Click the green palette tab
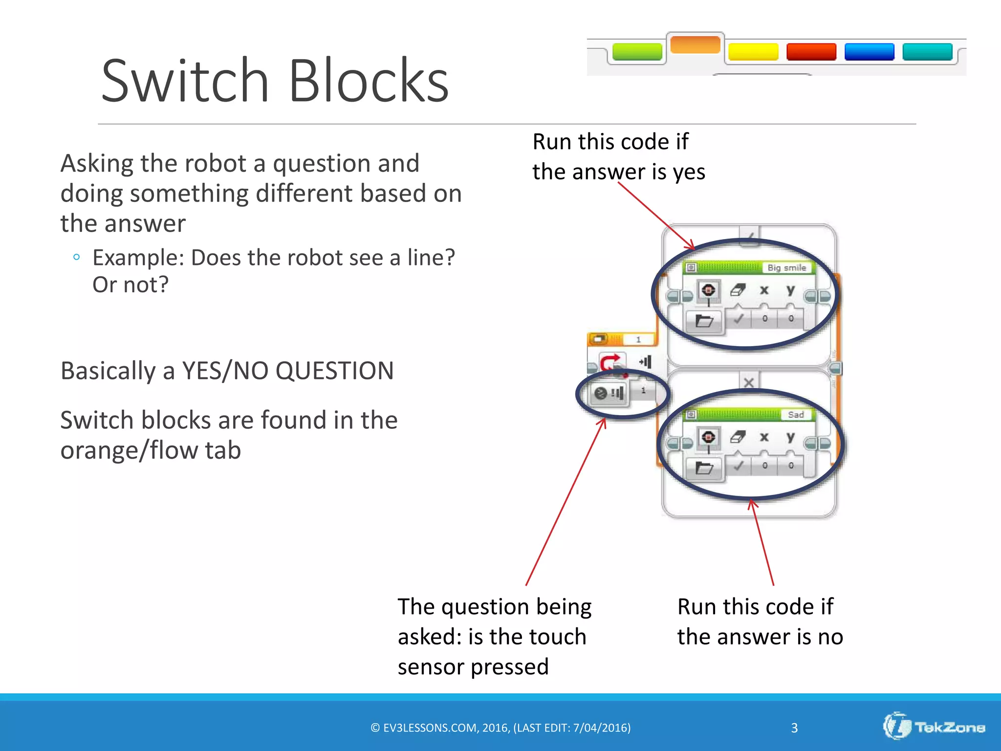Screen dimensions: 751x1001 [637, 52]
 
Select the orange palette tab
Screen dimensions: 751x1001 [695, 44]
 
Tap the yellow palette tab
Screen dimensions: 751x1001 [753, 52]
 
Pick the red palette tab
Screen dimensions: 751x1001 [811, 52]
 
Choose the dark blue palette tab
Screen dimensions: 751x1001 [869, 52]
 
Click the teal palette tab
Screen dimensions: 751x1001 [927, 52]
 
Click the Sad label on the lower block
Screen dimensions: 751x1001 [795, 415]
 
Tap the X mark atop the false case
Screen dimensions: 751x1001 [748, 382]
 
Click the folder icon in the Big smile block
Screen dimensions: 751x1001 [704, 321]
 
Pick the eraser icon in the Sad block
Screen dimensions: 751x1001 [737, 437]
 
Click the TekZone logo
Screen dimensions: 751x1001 [934, 727]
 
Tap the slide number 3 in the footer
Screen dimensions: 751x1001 [794, 728]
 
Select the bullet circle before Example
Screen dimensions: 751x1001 [76, 257]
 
